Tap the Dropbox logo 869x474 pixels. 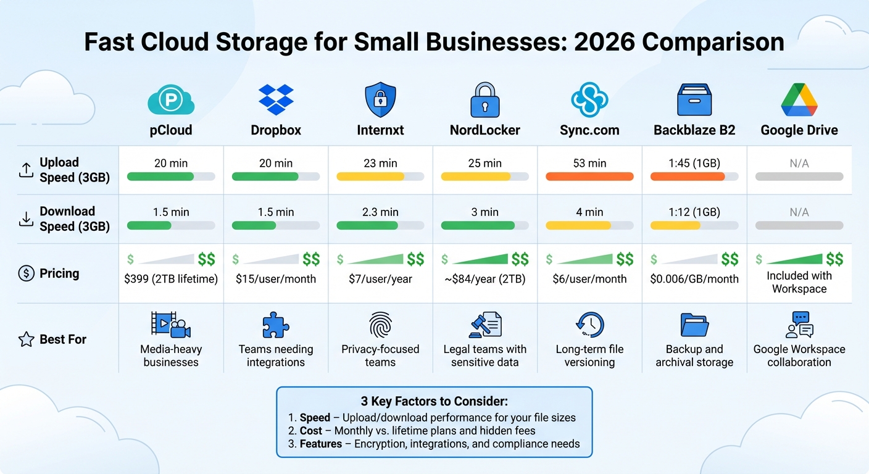tap(276, 99)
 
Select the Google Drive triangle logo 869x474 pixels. tap(799, 99)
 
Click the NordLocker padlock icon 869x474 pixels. tap(484, 99)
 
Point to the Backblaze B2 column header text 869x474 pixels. tap(694, 130)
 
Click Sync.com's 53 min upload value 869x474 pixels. tap(589, 164)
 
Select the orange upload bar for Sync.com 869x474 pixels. tap(589, 177)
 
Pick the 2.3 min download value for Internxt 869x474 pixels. tap(380, 212)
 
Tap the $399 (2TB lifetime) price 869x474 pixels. tap(171, 279)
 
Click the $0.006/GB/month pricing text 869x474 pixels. tap(694, 279)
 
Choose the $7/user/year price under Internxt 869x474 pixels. tap(380, 279)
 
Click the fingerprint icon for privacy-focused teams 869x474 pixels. tap(380, 325)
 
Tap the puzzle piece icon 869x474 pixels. tap(276, 325)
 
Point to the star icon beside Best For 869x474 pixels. tap(26, 339)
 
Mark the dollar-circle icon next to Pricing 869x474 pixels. tap(26, 273)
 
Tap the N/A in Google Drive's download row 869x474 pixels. tap(799, 212)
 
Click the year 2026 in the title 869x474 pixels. tap(604, 42)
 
